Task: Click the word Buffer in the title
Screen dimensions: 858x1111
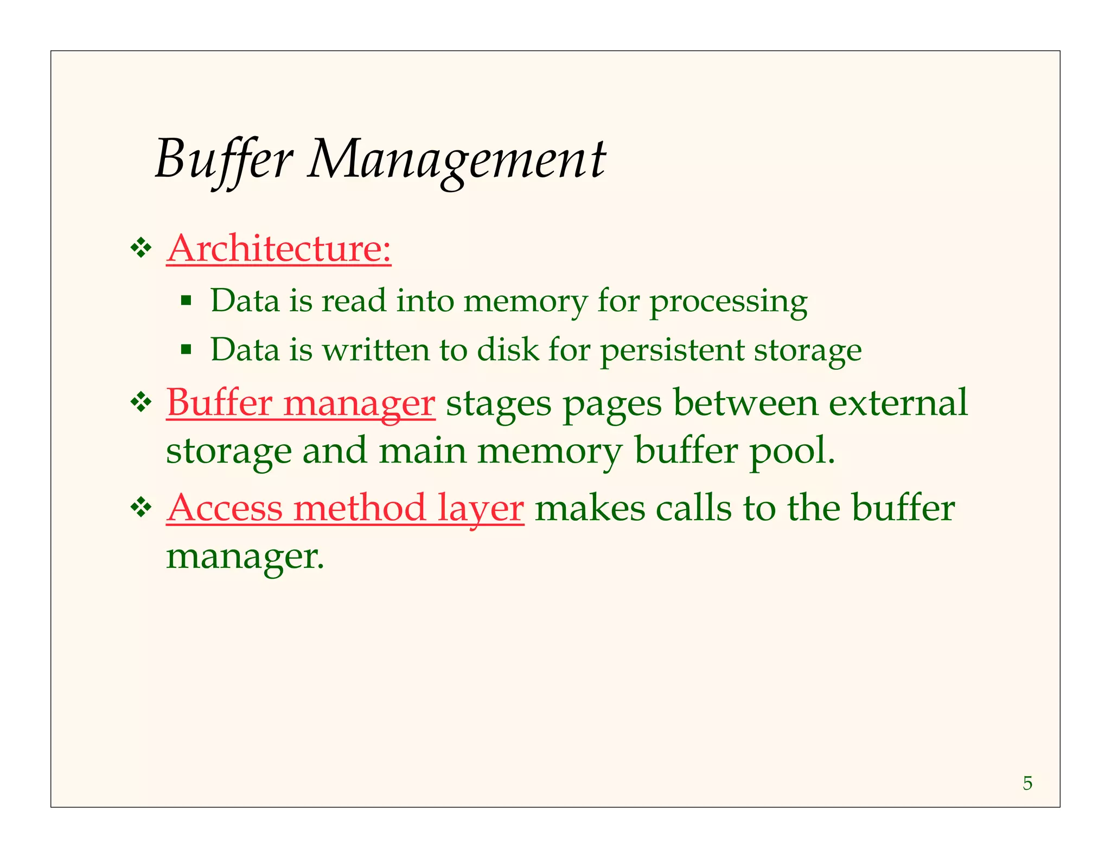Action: pyautogui.click(x=224, y=159)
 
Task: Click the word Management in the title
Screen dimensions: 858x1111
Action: pyautogui.click(x=456, y=159)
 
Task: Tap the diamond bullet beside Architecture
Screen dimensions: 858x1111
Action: pyautogui.click(x=141, y=248)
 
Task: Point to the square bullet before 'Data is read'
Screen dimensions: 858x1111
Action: pyautogui.click(x=186, y=300)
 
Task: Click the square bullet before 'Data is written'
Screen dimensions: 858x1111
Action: pyautogui.click(x=186, y=349)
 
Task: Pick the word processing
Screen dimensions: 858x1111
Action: pyautogui.click(x=728, y=302)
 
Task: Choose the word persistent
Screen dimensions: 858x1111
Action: pyautogui.click(x=672, y=350)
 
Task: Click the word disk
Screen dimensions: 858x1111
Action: pyautogui.click(x=508, y=349)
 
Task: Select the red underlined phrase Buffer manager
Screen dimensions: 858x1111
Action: pyautogui.click(x=301, y=403)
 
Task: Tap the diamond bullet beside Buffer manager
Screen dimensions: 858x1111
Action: pyautogui.click(x=141, y=403)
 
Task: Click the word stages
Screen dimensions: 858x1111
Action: pyautogui.click(x=498, y=404)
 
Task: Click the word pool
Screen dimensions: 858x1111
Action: pyautogui.click(x=792, y=451)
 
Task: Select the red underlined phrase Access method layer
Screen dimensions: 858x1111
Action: pyautogui.click(x=345, y=508)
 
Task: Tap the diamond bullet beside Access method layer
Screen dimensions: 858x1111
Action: pyautogui.click(x=141, y=508)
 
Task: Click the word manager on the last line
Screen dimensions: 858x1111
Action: pyautogui.click(x=245, y=556)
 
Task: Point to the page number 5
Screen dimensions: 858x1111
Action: pyautogui.click(x=1027, y=783)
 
